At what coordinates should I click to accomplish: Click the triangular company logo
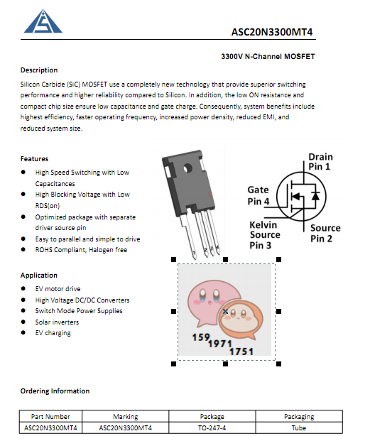pos(43,22)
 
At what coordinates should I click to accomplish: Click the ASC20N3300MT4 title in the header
pos(272,32)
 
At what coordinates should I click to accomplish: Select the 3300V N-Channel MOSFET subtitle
pos(268,56)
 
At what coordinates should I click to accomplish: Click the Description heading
pos(39,70)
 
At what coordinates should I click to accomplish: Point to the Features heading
pos(34,159)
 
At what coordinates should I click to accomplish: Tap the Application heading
pos(38,276)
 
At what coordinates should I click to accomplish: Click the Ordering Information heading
pos(55,391)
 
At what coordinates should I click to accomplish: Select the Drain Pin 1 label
pos(320,162)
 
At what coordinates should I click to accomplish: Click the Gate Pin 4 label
pos(259,195)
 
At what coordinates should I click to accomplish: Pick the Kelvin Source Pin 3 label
pos(264,235)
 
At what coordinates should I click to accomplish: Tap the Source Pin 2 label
pos(325,234)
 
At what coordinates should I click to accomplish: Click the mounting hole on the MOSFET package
pos(187,168)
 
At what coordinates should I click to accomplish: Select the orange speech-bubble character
pos(241,319)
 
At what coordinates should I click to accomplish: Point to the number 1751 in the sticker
pos(241,351)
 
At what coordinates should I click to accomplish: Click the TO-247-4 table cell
pos(212,427)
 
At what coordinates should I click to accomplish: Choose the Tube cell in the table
pos(299,427)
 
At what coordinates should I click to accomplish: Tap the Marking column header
pos(126,417)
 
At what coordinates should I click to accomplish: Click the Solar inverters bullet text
pos(57,322)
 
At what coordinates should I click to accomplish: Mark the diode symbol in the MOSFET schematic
pos(315,195)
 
